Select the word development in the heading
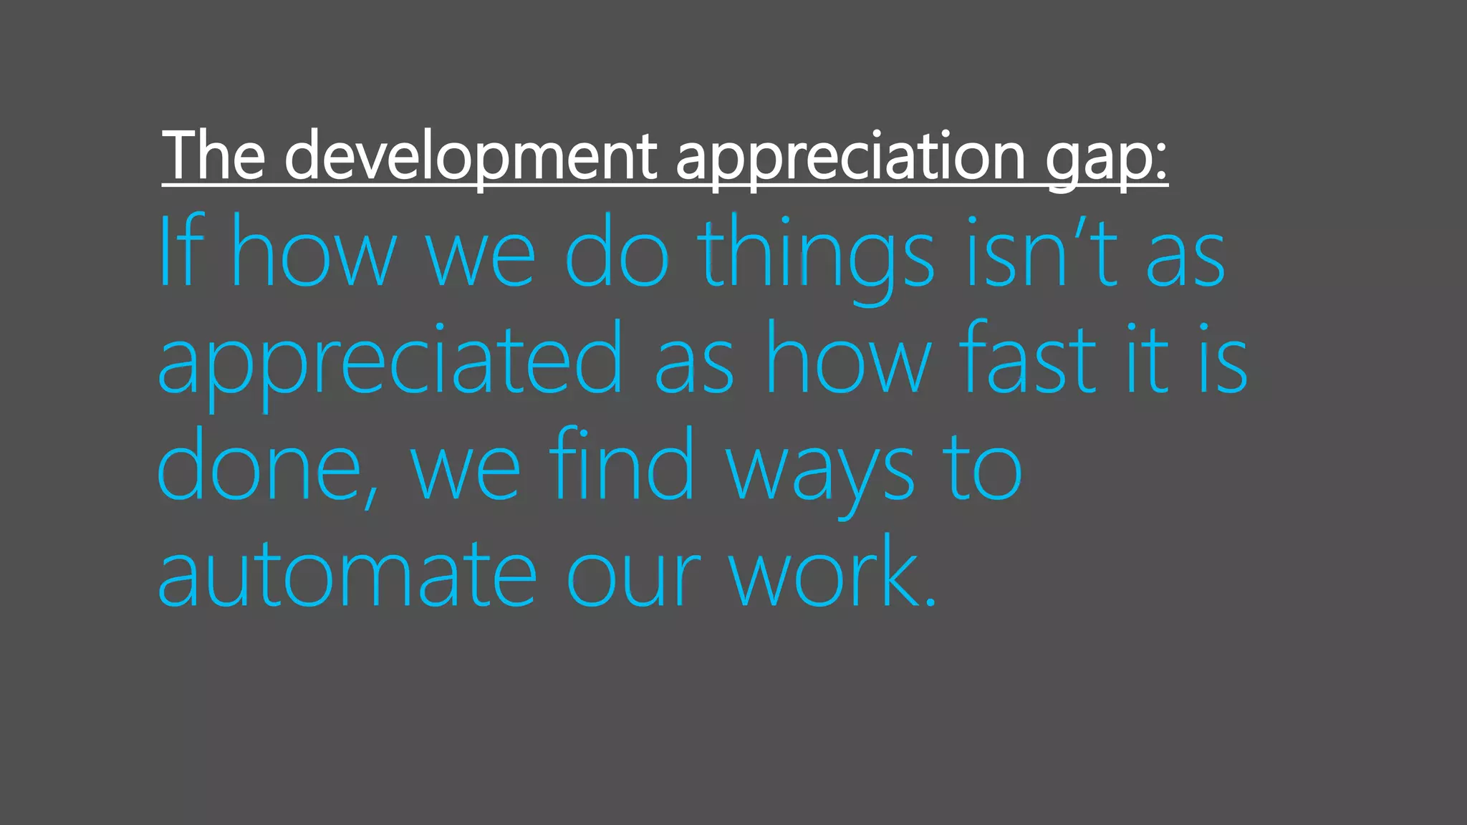point(471,156)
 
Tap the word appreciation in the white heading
point(850,156)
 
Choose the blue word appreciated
point(390,362)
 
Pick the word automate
point(347,573)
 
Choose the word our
point(633,577)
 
